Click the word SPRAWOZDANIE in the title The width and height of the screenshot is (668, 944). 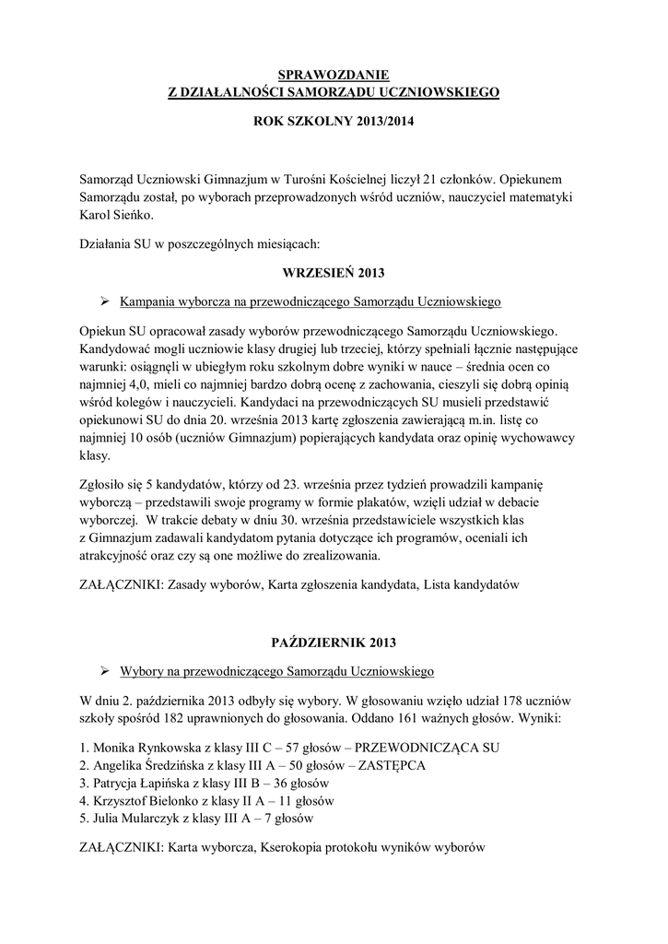(x=334, y=75)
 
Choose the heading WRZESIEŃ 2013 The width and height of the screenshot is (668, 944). (x=333, y=273)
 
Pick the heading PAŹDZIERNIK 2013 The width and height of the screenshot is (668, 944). (x=333, y=639)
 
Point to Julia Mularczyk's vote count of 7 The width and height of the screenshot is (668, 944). (x=271, y=819)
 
